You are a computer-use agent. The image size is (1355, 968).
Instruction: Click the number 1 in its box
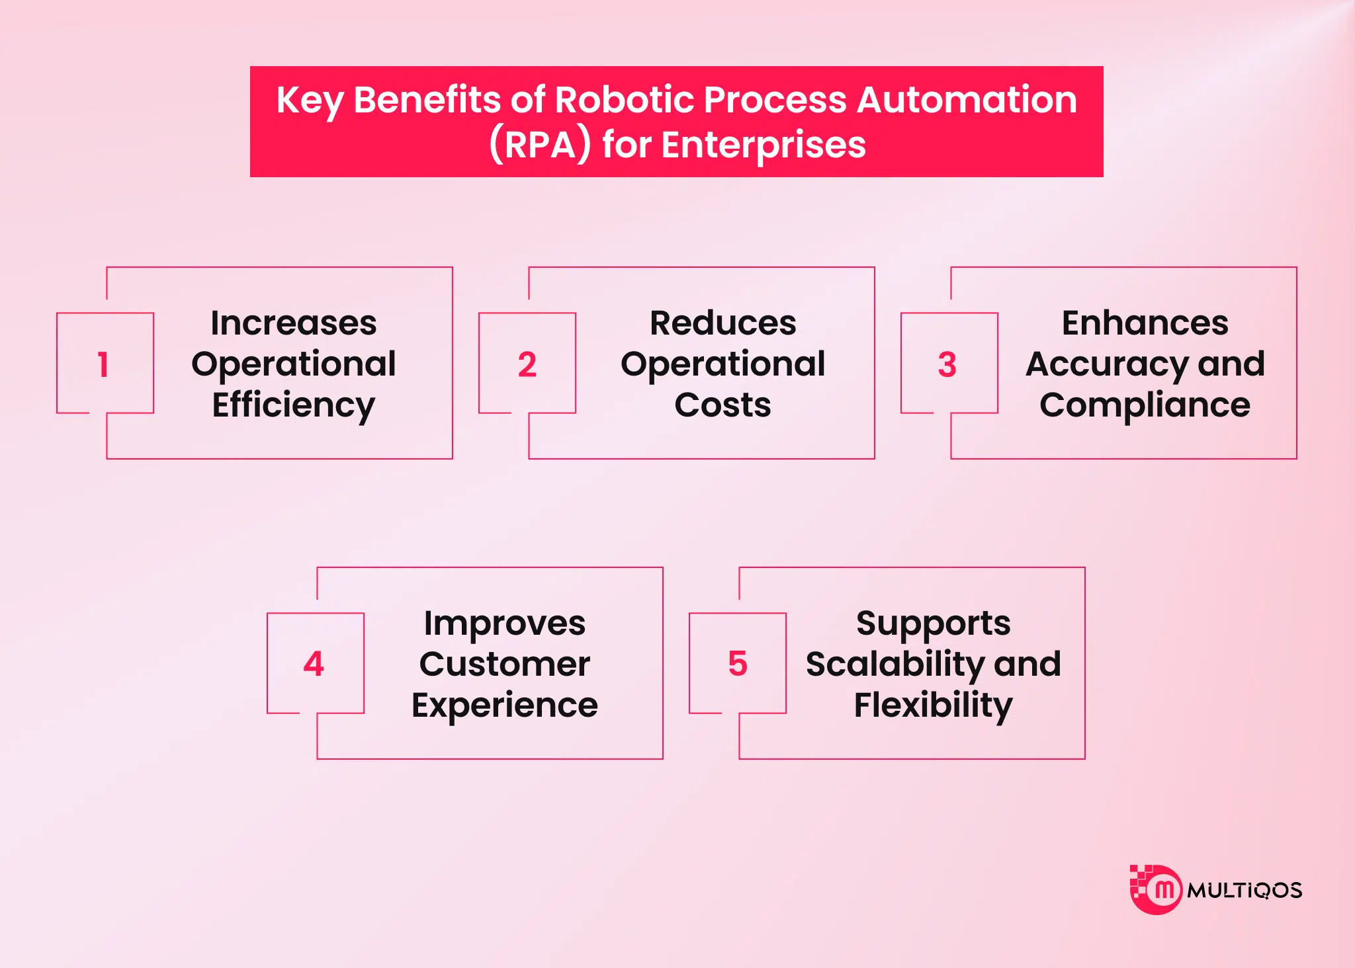[103, 364]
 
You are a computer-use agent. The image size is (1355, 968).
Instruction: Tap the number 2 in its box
[527, 364]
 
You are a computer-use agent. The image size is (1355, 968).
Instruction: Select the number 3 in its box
[947, 364]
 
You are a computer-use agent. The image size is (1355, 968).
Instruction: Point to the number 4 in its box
[314, 664]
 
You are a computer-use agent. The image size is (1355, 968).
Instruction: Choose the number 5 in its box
[738, 664]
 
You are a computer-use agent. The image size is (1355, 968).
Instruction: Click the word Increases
[294, 323]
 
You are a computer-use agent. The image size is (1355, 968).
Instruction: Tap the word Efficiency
[294, 405]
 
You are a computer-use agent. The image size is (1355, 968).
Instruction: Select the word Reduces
[723, 323]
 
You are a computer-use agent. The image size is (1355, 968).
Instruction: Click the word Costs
[723, 405]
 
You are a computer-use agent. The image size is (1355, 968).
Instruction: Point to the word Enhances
[1145, 323]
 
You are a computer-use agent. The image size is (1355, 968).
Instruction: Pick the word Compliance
[1145, 405]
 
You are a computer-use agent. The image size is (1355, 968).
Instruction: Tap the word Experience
[505, 706]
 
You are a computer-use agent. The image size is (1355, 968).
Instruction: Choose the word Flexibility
[934, 706]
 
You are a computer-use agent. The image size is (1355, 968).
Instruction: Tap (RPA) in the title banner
[540, 145]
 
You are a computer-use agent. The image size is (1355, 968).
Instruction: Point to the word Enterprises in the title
[764, 145]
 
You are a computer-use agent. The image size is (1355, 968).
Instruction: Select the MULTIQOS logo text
[1245, 891]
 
